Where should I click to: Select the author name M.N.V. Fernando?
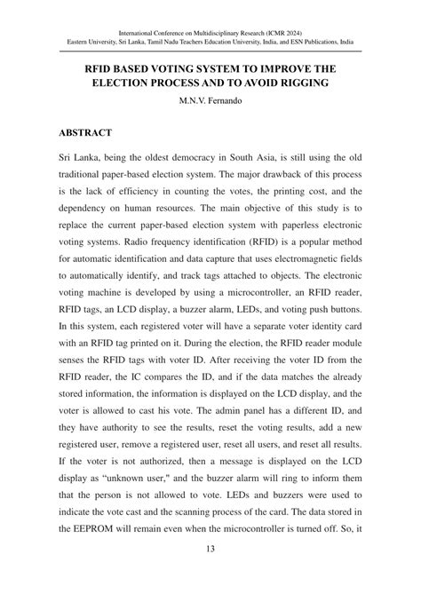pos(210,100)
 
